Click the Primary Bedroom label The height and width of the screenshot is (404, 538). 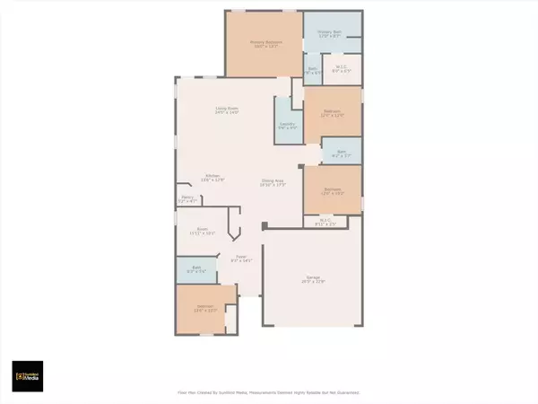click(x=263, y=41)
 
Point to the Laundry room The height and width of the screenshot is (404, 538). click(x=287, y=126)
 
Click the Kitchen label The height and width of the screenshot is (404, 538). click(x=213, y=177)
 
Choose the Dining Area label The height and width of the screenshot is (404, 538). click(x=273, y=183)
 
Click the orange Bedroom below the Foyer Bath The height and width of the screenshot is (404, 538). click(x=205, y=310)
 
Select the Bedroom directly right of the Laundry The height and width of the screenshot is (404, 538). click(x=333, y=112)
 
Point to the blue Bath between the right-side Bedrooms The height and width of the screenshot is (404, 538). click(x=342, y=153)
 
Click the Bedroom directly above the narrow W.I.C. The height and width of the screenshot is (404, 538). click(x=333, y=191)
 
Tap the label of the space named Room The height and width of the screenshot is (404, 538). click(x=203, y=231)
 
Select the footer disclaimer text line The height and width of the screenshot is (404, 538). click(x=268, y=392)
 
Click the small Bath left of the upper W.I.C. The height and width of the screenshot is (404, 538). click(x=313, y=69)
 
